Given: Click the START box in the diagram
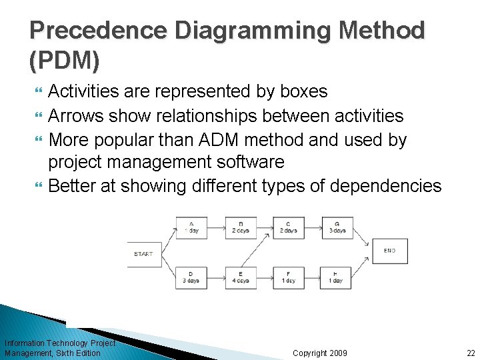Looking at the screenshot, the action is tap(145, 254).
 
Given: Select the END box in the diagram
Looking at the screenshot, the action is tap(389, 251).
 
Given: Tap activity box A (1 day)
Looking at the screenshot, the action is tap(192, 227).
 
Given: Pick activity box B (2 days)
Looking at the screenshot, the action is tap(241, 227).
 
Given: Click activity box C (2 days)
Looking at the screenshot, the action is tap(289, 227).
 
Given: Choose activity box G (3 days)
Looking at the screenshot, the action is tap(337, 227).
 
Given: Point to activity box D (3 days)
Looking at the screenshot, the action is tap(192, 277).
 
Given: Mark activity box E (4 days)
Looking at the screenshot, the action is tap(241, 277).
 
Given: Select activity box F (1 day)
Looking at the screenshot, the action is tap(289, 277).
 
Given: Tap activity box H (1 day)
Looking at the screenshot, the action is tap(337, 277).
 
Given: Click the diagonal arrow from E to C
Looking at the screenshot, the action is tap(265, 253).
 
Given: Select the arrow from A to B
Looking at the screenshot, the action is tap(216, 227).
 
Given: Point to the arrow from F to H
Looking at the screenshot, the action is tap(313, 277).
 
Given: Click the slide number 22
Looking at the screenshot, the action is tap(471, 353).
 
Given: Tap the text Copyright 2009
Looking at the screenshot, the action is tap(319, 353).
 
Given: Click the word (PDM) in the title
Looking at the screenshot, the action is tap(65, 62).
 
